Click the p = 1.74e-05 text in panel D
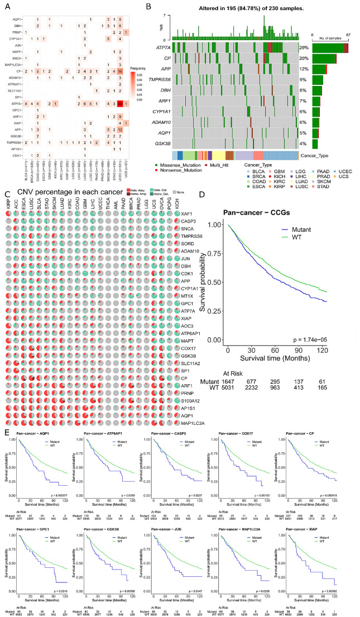pyautogui.click(x=329, y=340)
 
